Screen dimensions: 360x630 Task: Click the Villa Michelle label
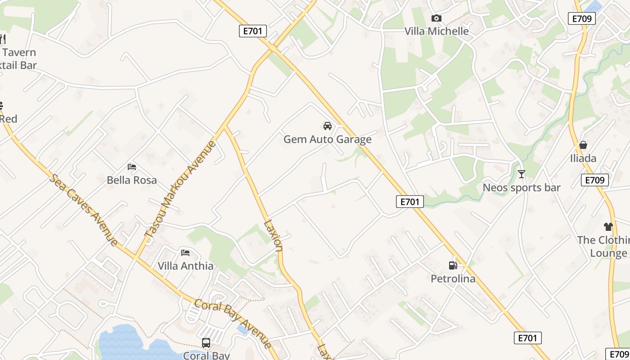click(436, 31)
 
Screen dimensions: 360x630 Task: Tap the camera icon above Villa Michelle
click(436, 18)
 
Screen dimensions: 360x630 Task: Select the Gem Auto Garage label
click(328, 139)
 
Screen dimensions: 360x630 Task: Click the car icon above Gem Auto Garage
click(328, 126)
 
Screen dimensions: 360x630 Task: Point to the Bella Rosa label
click(132, 180)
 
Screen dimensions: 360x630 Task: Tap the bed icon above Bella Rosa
click(132, 166)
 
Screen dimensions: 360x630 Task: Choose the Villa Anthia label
click(185, 266)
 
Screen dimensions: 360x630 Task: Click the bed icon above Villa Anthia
click(185, 252)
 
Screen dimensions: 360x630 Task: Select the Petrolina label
click(453, 279)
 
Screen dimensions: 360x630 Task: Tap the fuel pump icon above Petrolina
click(453, 265)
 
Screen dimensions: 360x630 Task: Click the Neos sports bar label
click(522, 188)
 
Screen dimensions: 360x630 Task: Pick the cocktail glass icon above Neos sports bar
click(522, 174)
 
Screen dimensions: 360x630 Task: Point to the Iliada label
click(583, 158)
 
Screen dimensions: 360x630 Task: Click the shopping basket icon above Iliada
click(583, 145)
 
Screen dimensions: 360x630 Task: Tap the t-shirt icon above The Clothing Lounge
click(608, 227)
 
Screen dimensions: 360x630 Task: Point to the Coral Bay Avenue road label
click(233, 324)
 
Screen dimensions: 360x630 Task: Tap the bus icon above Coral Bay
click(206, 343)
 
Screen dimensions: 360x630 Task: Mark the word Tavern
click(19, 53)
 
